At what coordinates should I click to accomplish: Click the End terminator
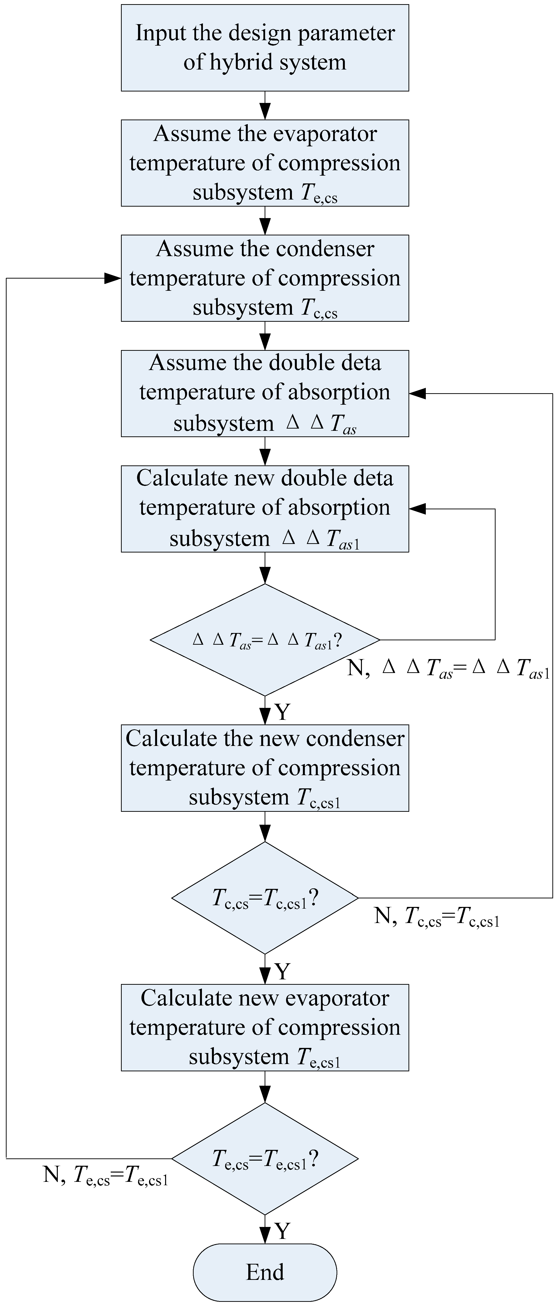pos(265,1272)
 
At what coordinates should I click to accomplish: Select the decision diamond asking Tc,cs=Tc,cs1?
pos(265,898)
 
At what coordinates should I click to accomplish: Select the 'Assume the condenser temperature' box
pos(265,278)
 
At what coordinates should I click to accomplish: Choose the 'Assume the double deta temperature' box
pos(265,393)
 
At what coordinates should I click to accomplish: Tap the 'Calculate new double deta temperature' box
pos(265,509)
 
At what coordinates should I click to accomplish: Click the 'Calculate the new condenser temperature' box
pos(265,768)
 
